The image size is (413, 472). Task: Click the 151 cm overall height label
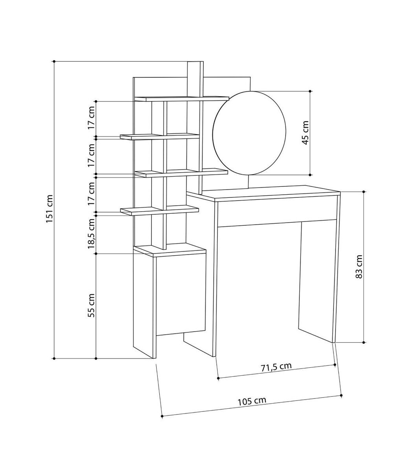pyautogui.click(x=50, y=209)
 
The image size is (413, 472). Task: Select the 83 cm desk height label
pyautogui.click(x=359, y=267)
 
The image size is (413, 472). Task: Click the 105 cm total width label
pyautogui.click(x=252, y=401)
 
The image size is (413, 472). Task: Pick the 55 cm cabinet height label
pyautogui.click(x=92, y=306)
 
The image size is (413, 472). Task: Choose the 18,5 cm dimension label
pyautogui.click(x=92, y=234)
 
